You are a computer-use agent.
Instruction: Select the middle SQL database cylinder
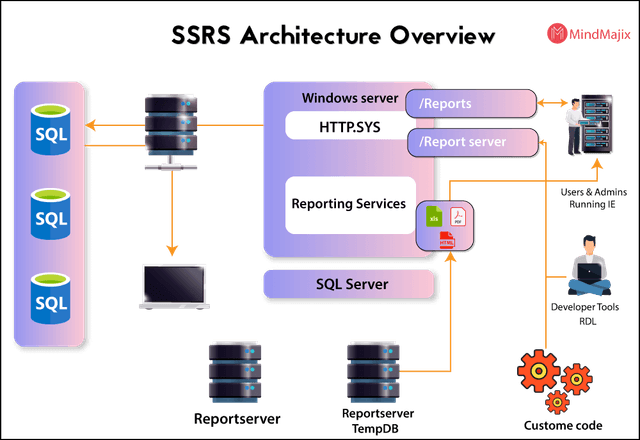click(50, 216)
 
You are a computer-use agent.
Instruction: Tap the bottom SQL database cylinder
click(50, 299)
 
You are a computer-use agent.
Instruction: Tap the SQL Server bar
click(351, 284)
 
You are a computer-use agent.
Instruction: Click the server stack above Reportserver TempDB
click(372, 371)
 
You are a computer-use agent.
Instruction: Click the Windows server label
click(349, 98)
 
